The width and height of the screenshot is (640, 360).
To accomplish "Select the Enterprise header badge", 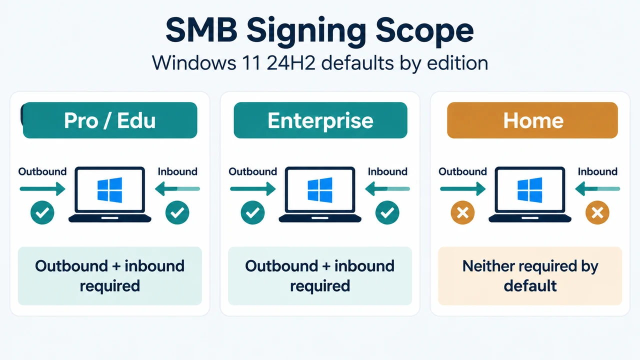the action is (x=320, y=120).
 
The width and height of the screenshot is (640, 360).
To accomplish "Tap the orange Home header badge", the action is (x=532, y=120).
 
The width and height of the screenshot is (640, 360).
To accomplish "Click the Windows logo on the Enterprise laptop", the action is (x=320, y=190).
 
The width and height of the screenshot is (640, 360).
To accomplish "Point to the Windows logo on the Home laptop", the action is (x=530, y=190).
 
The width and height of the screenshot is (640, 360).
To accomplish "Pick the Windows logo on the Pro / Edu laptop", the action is (x=109, y=190).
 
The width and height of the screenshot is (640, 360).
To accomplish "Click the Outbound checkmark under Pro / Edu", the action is (x=42, y=212).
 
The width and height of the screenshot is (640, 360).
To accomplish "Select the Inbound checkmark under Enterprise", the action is (x=387, y=212).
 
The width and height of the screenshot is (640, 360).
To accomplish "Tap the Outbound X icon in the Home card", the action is (x=462, y=212).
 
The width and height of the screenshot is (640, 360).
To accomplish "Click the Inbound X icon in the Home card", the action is (x=597, y=212).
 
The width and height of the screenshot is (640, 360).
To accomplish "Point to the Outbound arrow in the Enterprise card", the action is (x=253, y=189).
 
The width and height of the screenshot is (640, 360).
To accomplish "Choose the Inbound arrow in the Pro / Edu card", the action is (x=177, y=189).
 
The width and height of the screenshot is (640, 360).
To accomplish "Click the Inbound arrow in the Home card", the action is (x=597, y=189).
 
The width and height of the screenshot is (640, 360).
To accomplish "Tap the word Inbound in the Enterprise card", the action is (x=387, y=171).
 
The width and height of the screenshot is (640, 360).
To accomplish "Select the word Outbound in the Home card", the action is (x=462, y=171).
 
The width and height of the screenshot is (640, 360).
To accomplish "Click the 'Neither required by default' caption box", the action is (x=530, y=276).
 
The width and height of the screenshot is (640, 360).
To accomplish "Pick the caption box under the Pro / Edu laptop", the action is (x=109, y=276).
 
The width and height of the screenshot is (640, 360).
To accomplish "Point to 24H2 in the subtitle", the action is (x=291, y=63).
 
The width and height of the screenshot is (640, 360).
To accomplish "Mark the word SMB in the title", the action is (x=201, y=29).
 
